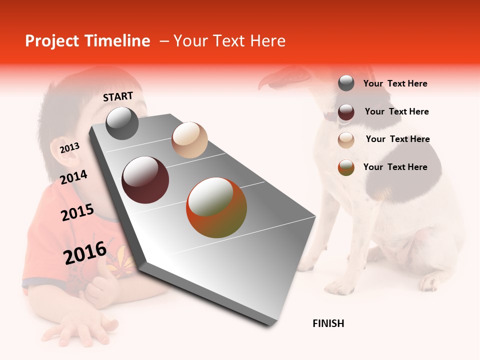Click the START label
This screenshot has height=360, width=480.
[x=118, y=96]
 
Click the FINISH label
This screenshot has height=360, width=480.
[x=328, y=323]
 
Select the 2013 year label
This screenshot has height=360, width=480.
[x=69, y=148]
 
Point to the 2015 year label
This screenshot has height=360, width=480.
[x=77, y=212]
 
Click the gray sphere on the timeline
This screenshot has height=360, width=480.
[x=122, y=123]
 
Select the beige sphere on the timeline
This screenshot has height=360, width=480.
[x=189, y=140]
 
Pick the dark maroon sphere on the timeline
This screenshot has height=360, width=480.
[x=145, y=180]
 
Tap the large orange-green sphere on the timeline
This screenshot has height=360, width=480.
[x=216, y=207]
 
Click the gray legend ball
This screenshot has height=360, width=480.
[x=346, y=83]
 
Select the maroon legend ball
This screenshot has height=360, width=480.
[x=346, y=112]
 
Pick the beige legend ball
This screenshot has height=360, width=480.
[x=346, y=139]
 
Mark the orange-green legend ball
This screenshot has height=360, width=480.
[x=346, y=167]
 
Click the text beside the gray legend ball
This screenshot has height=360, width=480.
[x=395, y=83]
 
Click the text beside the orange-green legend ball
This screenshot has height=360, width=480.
[x=395, y=167]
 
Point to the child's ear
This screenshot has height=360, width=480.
[x=69, y=159]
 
